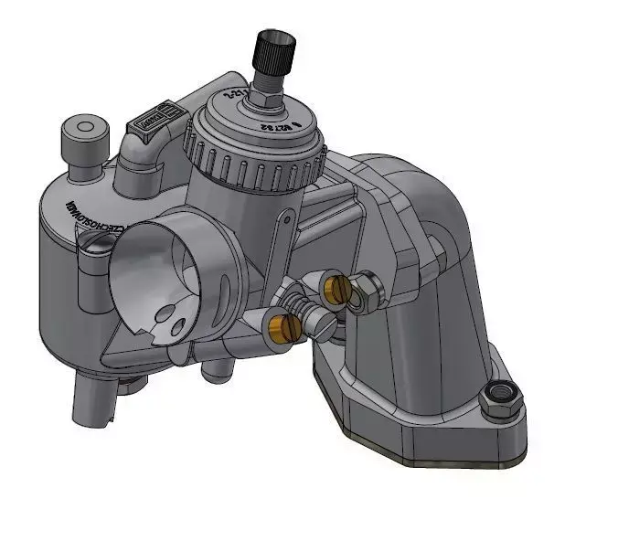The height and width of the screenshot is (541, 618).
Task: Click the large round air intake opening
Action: (x=165, y=274)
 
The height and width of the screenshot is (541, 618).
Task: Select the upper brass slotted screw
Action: (x=336, y=289)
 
